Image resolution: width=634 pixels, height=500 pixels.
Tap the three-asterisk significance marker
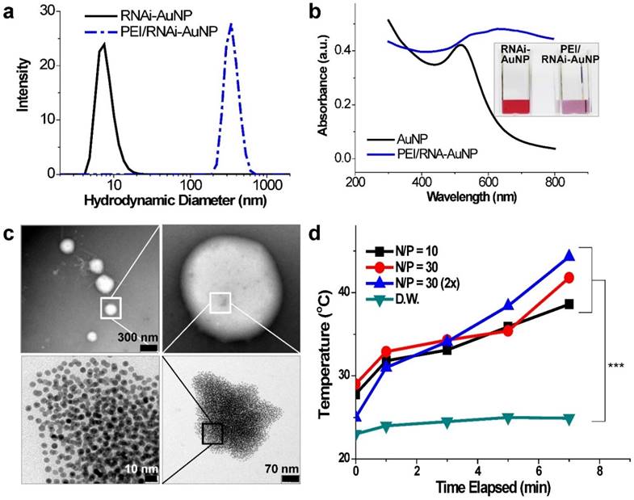click(615, 365)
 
